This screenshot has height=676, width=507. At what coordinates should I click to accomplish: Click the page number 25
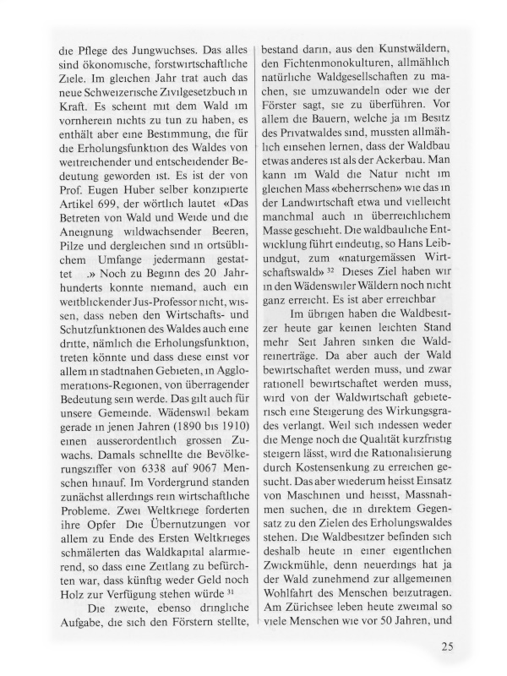click(x=448, y=648)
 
